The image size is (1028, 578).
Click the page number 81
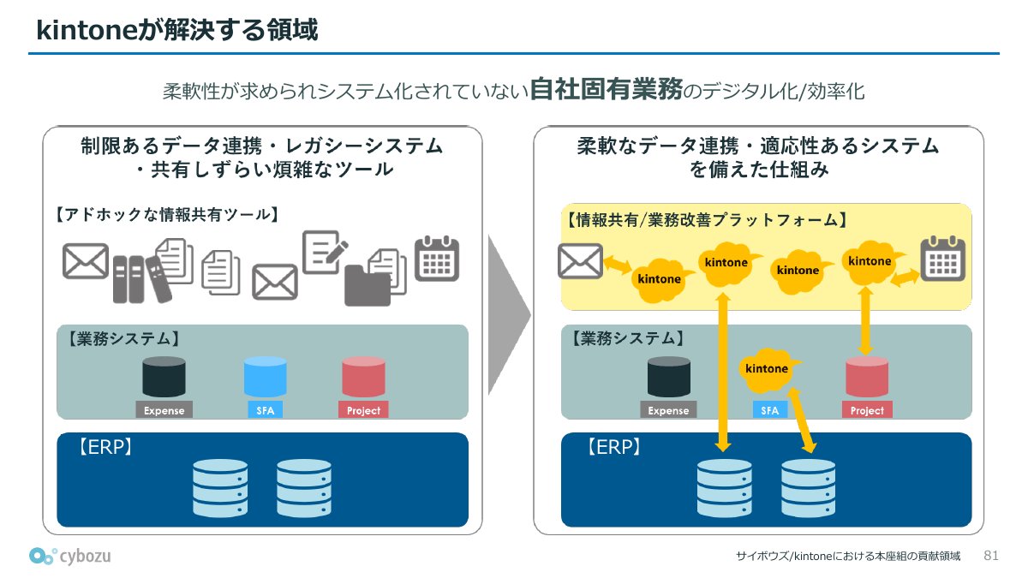(991, 556)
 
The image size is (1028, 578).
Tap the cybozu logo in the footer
(69, 556)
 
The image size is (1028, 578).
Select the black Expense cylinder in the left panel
(164, 377)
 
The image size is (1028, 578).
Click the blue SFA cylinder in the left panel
(265, 377)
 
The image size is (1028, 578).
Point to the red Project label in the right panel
(867, 410)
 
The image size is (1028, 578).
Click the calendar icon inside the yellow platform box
(942, 259)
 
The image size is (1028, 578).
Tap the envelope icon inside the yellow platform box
(580, 261)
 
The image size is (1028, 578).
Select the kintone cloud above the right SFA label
(768, 368)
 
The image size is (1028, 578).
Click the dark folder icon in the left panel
(368, 285)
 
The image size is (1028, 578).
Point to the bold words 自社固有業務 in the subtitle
(606, 89)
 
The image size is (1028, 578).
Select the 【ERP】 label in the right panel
(613, 447)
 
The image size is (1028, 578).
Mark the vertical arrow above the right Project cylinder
(866, 321)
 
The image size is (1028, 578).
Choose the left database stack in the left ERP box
(220, 487)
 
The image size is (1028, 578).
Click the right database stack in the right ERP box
(808, 487)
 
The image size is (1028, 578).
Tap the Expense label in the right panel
(668, 410)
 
